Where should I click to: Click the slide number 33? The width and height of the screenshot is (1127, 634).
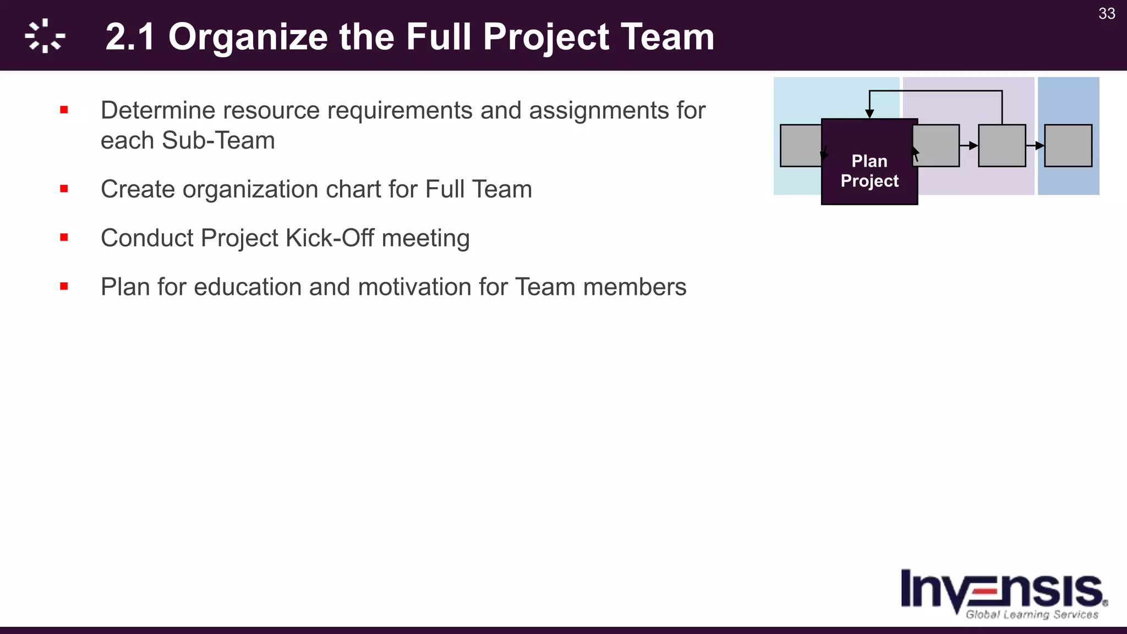1107,14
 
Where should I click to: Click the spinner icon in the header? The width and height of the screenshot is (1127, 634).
45,36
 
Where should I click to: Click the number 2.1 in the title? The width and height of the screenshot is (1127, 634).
130,37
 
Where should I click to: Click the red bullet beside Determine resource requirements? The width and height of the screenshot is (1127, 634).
64,110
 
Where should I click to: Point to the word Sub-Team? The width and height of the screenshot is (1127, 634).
218,140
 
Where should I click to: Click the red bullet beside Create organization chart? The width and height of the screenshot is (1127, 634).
64,189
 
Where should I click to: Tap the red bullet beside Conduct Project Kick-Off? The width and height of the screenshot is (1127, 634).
64,238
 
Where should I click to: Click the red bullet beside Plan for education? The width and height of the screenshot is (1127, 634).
64,286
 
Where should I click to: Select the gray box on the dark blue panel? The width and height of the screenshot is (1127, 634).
1068,146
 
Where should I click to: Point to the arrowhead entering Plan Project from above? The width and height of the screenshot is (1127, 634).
869,114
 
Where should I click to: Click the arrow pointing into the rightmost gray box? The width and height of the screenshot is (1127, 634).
1038,146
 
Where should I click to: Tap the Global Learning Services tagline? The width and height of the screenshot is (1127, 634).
1032,615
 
